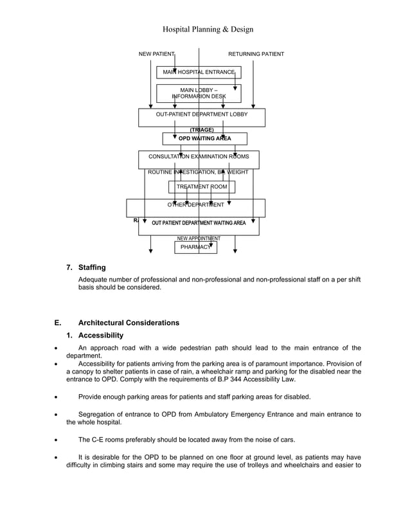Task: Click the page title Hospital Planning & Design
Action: (x=208, y=30)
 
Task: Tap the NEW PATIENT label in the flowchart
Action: (x=156, y=54)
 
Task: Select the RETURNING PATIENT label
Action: (x=256, y=54)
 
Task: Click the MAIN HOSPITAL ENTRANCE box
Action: (x=199, y=72)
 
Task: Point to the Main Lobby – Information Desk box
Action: (x=199, y=93)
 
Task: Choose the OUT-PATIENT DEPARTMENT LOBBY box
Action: (x=202, y=114)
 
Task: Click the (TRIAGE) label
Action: (x=202, y=130)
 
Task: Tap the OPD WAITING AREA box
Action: (x=204, y=138)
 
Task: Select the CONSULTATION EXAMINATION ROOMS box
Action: (x=203, y=157)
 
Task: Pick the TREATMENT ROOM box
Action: (x=202, y=186)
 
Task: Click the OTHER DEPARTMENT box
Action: (x=196, y=205)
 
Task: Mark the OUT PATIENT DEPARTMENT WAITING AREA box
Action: (x=199, y=223)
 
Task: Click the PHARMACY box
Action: (x=195, y=247)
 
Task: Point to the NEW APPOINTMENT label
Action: (x=199, y=239)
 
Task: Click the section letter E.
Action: (x=58, y=323)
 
